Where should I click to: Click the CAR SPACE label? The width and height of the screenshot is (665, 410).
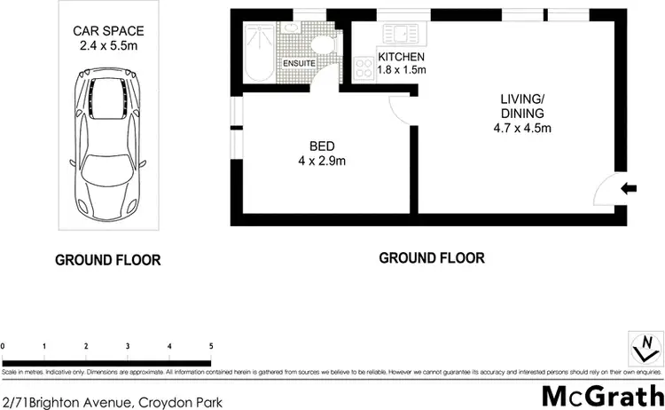[x=108, y=31]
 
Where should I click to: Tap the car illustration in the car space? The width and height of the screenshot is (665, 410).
[x=109, y=137]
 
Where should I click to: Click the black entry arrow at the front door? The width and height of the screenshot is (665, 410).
[x=629, y=187]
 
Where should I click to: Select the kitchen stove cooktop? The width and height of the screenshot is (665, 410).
[x=364, y=65]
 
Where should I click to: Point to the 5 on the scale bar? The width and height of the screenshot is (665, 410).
[x=210, y=346]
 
